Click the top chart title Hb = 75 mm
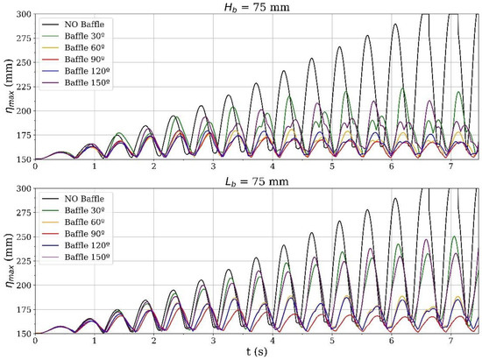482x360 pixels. tap(258, 7)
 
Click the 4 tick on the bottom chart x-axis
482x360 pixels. tap(273, 341)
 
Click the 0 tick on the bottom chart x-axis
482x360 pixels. tap(35, 341)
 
